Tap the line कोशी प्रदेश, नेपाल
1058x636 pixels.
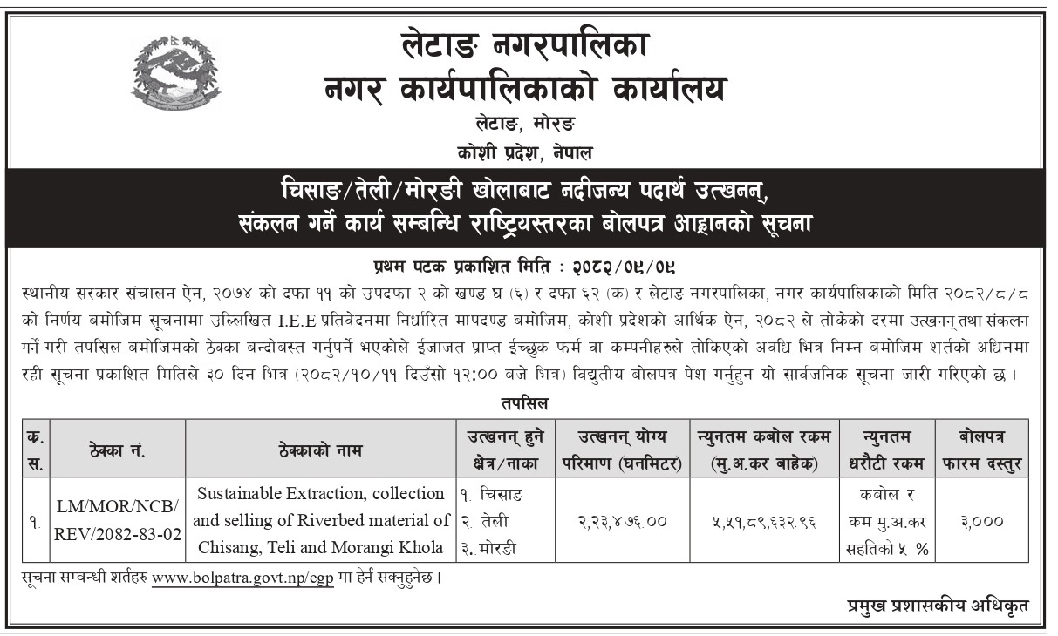click(x=525, y=152)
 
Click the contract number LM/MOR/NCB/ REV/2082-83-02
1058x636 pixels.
click(x=118, y=521)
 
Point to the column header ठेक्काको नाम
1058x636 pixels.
click(x=320, y=450)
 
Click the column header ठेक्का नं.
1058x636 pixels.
click(x=117, y=450)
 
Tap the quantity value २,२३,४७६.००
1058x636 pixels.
click(x=622, y=521)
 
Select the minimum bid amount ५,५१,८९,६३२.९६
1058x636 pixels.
click(x=762, y=521)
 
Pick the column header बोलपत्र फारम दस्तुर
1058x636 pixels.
click(x=981, y=450)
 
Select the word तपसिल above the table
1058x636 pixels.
click(x=525, y=404)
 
